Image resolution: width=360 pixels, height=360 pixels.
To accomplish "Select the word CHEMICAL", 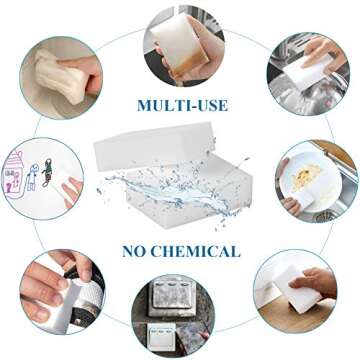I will coord(194,250).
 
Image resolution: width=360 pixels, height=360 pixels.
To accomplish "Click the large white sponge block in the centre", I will coord(181,165).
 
